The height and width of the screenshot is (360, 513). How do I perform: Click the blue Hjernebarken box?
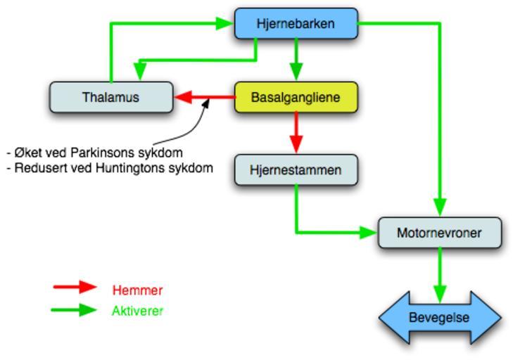296,23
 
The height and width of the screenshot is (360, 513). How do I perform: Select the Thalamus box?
110,97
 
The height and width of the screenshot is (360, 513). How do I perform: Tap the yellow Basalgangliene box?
296,97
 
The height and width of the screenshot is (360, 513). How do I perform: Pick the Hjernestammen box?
296,169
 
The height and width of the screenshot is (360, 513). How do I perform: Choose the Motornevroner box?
440,233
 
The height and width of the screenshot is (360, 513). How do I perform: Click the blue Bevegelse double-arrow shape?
440,318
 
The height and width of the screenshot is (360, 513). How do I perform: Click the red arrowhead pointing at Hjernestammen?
296,143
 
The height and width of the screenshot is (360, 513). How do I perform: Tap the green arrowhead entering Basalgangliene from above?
296,71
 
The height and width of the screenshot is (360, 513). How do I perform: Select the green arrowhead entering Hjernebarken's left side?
224,23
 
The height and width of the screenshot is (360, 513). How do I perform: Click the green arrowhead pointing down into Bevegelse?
440,292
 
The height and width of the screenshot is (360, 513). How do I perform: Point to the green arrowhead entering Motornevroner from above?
440,207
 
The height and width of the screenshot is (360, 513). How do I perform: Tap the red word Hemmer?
137,290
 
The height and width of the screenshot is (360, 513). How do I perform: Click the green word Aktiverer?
137,310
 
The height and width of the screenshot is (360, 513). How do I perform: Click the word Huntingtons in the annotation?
130,168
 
